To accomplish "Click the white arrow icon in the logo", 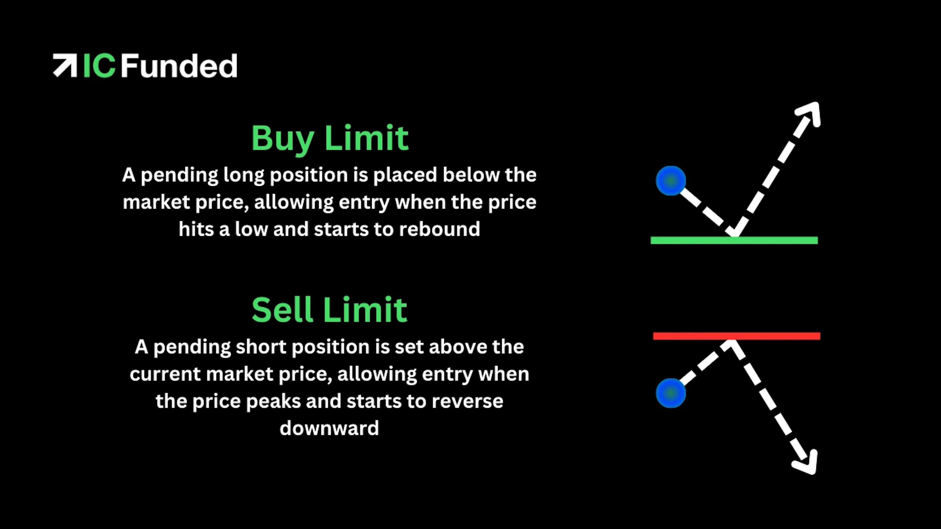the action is tap(65, 66).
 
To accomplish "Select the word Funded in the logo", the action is tap(179, 66).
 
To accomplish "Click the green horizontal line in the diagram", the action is tap(734, 240).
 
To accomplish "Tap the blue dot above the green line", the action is tap(671, 181).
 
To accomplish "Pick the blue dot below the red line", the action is tap(671, 393).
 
